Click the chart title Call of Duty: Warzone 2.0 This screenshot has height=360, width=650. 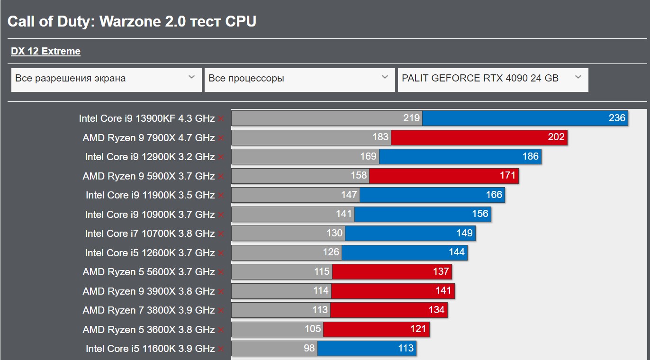pos(132,21)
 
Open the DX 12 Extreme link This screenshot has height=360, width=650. pos(45,51)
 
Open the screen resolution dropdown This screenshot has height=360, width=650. pos(106,79)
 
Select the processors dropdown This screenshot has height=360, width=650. pos(299,79)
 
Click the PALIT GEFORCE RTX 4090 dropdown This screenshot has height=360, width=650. pos(493,79)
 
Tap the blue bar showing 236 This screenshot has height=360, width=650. pos(524,118)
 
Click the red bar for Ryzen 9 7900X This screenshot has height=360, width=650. pos(478,137)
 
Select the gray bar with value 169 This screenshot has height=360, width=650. pos(305,157)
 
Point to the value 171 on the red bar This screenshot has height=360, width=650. pos(507,176)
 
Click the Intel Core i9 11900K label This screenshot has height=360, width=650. pos(150,195)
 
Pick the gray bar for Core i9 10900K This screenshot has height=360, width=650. pos(293,214)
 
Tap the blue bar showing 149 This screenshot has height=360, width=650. pos(410,233)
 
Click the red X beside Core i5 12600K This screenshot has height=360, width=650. pos(221,253)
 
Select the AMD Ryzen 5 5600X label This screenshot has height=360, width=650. pos(148,272)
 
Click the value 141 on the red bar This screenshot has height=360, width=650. pos(443,291)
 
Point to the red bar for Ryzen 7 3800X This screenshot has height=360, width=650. pos(388,310)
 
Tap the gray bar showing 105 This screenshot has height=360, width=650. pos(277,329)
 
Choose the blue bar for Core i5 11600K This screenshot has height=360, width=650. pos(366,349)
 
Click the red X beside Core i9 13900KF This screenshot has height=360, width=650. pos(221,118)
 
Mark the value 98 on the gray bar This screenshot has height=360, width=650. pos(309,349)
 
